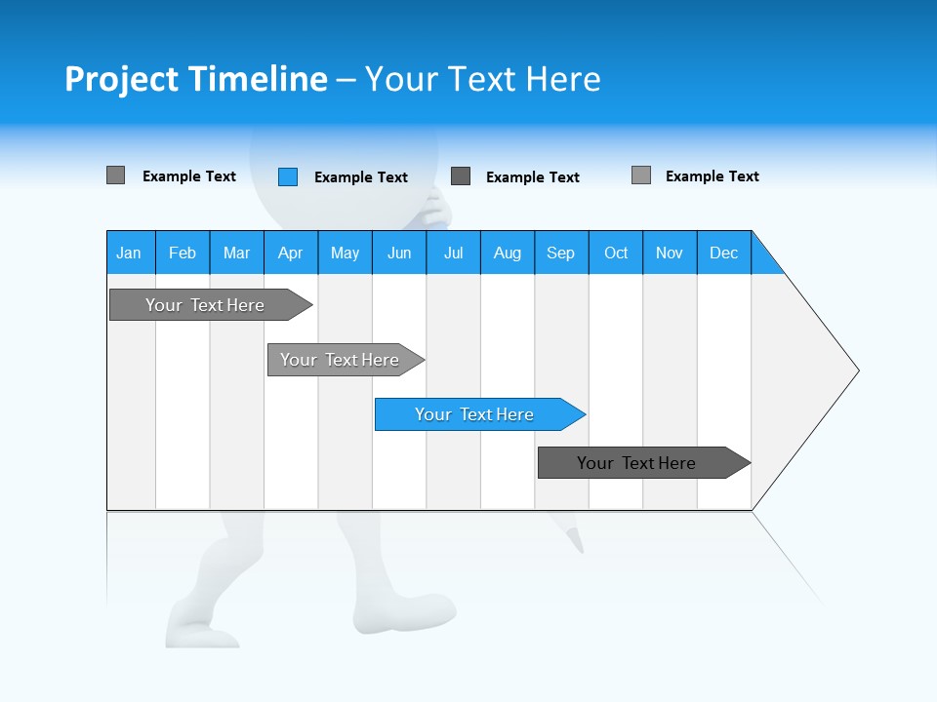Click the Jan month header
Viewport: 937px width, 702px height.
click(130, 253)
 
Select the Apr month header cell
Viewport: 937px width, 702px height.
click(291, 253)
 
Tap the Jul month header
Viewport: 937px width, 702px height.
click(453, 253)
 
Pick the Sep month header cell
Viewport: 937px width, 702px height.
click(561, 253)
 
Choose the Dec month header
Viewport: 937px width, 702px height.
click(724, 253)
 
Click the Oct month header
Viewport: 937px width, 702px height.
click(616, 253)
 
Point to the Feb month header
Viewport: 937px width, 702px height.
click(183, 253)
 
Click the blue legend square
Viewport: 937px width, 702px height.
click(288, 176)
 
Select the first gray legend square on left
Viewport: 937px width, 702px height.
click(116, 175)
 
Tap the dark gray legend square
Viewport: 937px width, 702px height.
click(461, 176)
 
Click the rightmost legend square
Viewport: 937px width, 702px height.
click(641, 175)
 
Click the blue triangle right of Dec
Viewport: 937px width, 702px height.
click(764, 259)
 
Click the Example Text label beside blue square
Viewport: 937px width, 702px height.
click(361, 177)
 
